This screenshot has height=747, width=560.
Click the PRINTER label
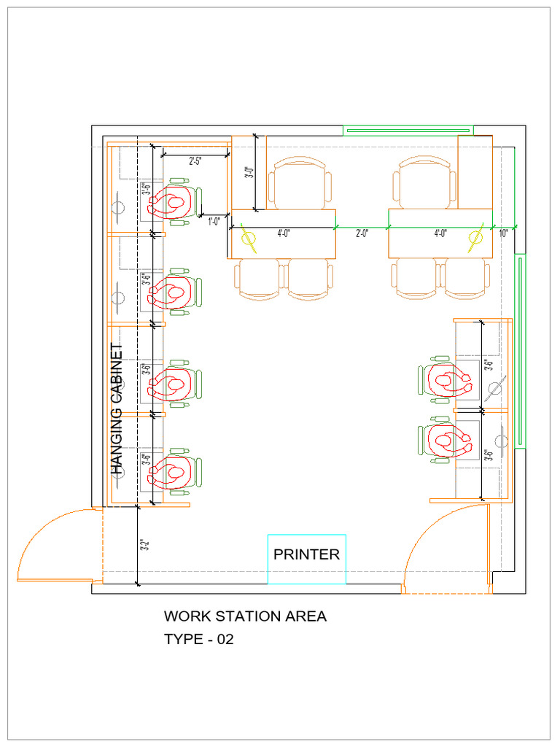point(306,554)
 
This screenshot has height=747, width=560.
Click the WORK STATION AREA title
point(245,616)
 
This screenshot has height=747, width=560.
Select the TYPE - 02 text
point(198,640)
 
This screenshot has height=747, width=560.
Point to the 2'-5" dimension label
point(195,161)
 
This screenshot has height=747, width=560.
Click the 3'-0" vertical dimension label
point(249,174)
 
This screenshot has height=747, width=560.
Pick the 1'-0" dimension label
point(214,222)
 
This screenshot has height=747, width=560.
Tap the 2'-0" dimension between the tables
point(362,233)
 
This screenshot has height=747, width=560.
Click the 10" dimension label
point(504,233)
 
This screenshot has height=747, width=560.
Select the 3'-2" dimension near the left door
point(144,545)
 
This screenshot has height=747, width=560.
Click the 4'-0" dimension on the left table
point(284,233)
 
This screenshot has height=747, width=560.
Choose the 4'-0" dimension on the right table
point(440,233)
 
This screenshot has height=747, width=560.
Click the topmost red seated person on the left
point(172,202)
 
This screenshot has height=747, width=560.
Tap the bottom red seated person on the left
point(172,472)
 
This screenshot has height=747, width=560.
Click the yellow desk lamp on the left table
point(249,240)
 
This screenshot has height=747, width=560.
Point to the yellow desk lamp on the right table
point(476,240)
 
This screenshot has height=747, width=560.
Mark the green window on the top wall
point(408,131)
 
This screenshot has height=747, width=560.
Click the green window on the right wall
point(521,350)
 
